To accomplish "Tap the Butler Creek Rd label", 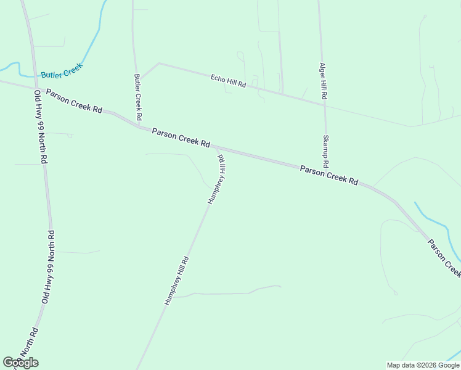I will pyautogui.click(x=138, y=97).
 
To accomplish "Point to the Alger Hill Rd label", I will pyautogui.click(x=323, y=81).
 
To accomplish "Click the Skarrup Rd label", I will pyautogui.click(x=325, y=152).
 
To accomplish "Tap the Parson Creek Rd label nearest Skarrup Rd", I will pyautogui.click(x=329, y=175).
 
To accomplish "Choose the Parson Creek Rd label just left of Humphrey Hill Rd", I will pyautogui.click(x=181, y=137).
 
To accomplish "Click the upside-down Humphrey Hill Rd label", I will pyautogui.click(x=217, y=179).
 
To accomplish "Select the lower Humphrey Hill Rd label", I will pyautogui.click(x=176, y=281).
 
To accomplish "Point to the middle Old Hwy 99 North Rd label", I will pyautogui.click(x=47, y=266).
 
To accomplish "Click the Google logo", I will pyautogui.click(x=20, y=363).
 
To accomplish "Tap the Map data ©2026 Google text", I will pyautogui.click(x=423, y=365).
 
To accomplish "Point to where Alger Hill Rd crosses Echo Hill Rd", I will pyautogui.click(x=324, y=104).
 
